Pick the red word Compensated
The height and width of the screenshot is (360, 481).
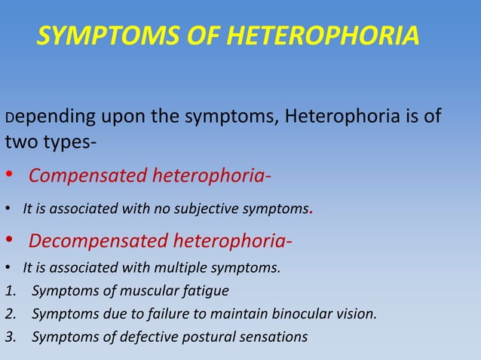[x=88, y=177]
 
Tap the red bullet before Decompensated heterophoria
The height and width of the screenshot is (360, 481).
[x=9, y=242]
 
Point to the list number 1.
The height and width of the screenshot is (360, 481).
[x=8, y=290]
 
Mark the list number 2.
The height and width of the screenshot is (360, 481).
[x=8, y=313]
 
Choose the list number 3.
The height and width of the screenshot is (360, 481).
[x=8, y=337]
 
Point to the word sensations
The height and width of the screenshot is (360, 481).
[x=271, y=337]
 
